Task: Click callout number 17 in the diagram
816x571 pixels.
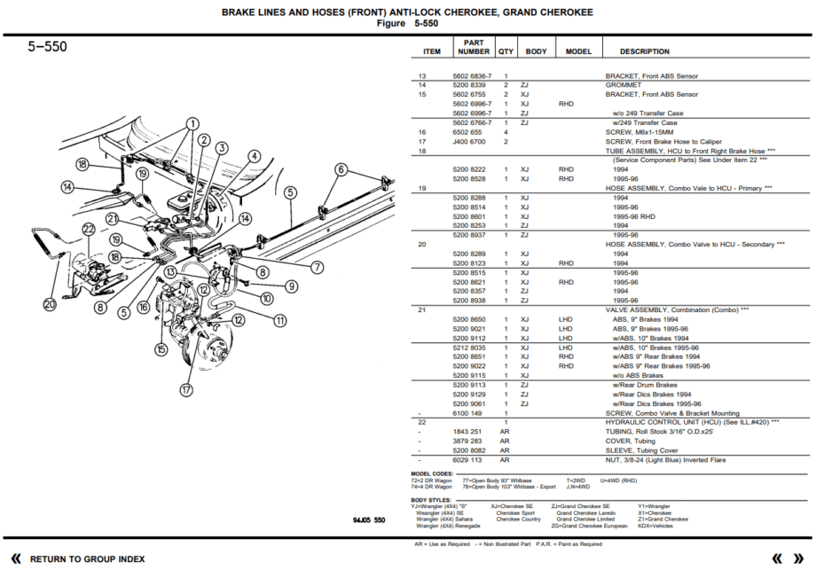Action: pos(185,388)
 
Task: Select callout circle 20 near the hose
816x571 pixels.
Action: pos(49,304)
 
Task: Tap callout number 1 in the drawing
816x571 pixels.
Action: pos(192,123)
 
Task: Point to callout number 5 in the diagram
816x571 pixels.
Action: pos(289,192)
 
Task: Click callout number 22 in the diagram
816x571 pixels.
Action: pos(88,230)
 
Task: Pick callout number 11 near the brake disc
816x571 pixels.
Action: pos(279,320)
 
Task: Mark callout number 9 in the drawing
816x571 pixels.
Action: pos(291,285)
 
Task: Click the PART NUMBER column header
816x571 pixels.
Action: pos(474,46)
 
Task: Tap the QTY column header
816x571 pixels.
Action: pos(506,51)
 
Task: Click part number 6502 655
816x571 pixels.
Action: pos(467,132)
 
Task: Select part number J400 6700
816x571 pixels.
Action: pos(468,142)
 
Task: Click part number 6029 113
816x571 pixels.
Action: pos(467,460)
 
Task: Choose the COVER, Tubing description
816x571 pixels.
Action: pos(633,441)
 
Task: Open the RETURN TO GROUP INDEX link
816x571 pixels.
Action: pos(87,559)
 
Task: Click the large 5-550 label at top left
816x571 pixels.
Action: pos(47,47)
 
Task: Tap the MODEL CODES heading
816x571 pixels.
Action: pos(431,473)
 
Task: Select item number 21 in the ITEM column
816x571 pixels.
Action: pos(422,309)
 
